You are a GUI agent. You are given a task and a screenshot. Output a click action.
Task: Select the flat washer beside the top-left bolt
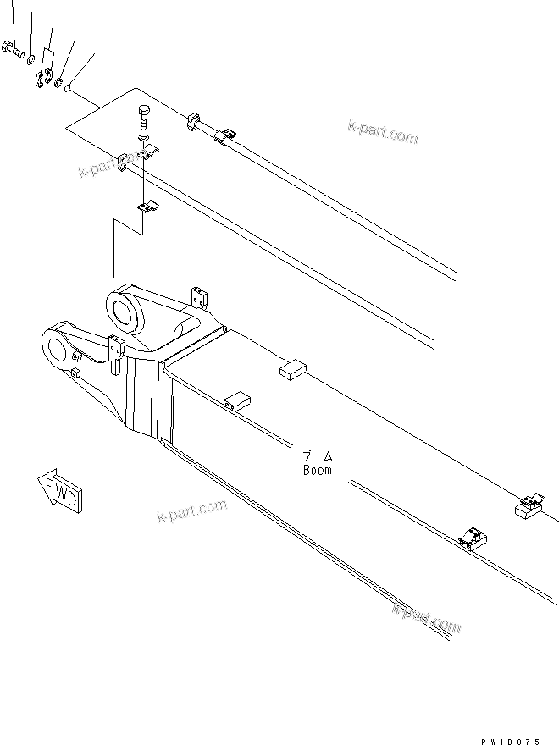[x=30, y=58]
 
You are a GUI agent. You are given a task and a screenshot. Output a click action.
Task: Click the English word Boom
[x=318, y=470]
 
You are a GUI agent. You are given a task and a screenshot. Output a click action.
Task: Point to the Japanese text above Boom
[x=318, y=455]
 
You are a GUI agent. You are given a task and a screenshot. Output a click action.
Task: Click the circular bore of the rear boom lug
[x=125, y=308]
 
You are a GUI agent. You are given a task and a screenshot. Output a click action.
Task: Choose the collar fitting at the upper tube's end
[x=192, y=122]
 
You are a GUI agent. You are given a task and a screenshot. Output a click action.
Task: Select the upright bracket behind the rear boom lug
[x=200, y=299]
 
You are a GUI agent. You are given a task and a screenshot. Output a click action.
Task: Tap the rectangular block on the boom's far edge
[x=292, y=368]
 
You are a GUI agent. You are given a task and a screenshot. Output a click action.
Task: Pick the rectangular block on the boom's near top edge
[x=236, y=400]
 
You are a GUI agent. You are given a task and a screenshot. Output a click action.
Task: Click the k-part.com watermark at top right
[x=383, y=131]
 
